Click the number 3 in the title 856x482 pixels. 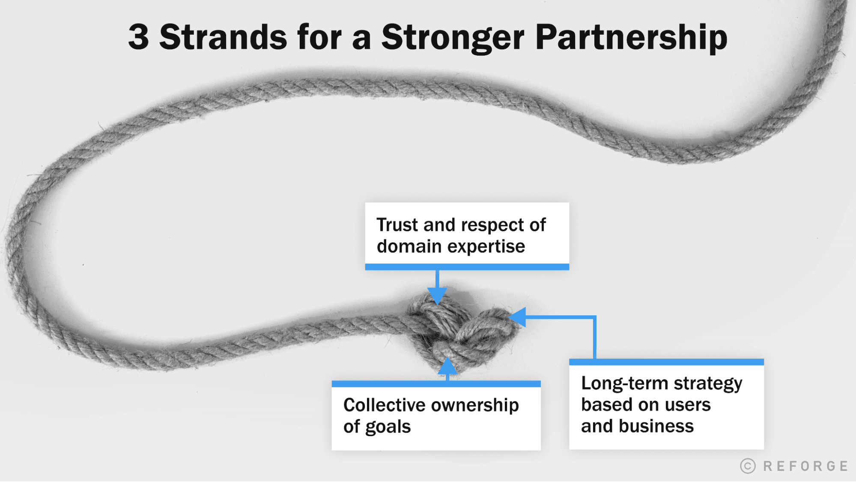pyautogui.click(x=139, y=37)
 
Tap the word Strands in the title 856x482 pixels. pyautogui.click(x=223, y=37)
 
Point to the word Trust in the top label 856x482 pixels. pyautogui.click(x=397, y=225)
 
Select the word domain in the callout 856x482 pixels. pyautogui.click(x=409, y=247)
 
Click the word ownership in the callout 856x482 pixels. pyautogui.click(x=475, y=405)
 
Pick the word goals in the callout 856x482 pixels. pyautogui.click(x=388, y=427)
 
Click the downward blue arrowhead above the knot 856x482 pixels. pyautogui.click(x=437, y=296)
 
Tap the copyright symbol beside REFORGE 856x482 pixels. pyautogui.click(x=748, y=466)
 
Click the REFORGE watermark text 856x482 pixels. pyautogui.click(x=805, y=466)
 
